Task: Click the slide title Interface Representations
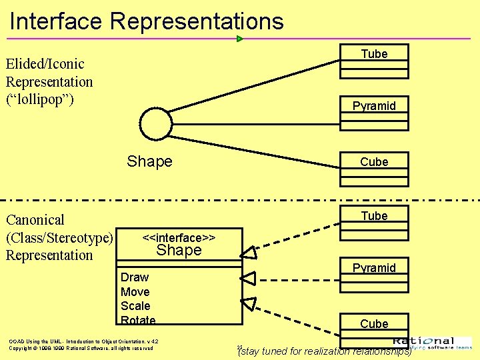147,21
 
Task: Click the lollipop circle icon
157,124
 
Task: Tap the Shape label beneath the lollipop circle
149,161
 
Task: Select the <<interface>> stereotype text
179,237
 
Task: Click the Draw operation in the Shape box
135,277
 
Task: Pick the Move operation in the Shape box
135,292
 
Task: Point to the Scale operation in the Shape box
135,306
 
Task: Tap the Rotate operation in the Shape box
138,320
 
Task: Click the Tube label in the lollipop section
374,54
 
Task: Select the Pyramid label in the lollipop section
374,105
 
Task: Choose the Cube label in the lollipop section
374,161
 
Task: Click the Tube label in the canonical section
374,216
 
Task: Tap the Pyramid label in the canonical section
374,268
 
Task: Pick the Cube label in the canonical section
374,324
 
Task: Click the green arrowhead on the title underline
240,39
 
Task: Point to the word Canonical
35,220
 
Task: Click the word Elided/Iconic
45,64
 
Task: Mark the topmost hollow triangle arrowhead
249,252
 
